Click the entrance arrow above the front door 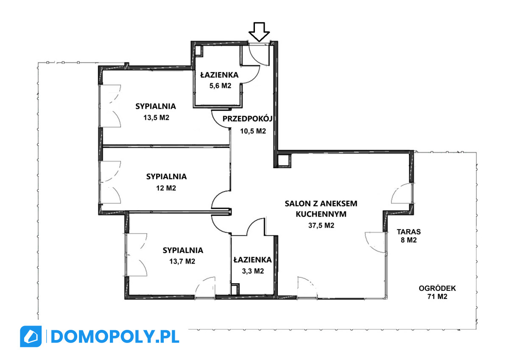(x=259, y=32)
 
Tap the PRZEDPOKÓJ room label (x=247, y=119)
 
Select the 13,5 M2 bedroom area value (x=157, y=118)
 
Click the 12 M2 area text (x=166, y=188)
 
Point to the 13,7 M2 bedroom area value (x=182, y=262)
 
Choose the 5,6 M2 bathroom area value (x=220, y=86)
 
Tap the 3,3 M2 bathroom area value (x=253, y=271)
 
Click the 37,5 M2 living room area (x=322, y=225)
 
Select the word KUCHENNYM (x=321, y=214)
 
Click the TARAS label (x=409, y=232)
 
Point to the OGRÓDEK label (x=437, y=288)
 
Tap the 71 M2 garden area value (x=437, y=297)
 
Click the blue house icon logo (x=31, y=336)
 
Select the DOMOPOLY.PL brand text (x=115, y=337)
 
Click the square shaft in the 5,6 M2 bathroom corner (x=199, y=51)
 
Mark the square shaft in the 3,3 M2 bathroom (x=235, y=289)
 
